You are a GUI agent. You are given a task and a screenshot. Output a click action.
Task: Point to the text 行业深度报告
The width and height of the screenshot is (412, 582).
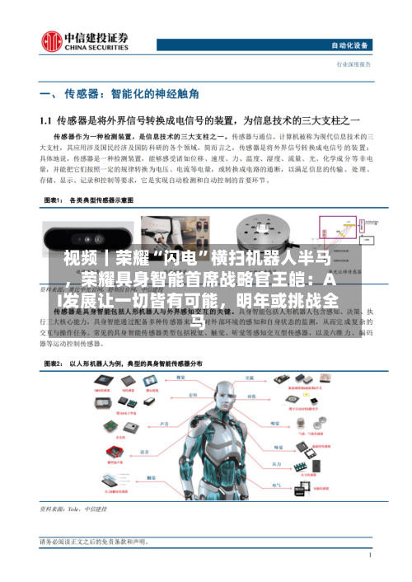click(353, 63)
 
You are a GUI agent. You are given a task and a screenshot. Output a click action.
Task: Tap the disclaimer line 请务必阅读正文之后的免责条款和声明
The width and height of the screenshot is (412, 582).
click(94, 542)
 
